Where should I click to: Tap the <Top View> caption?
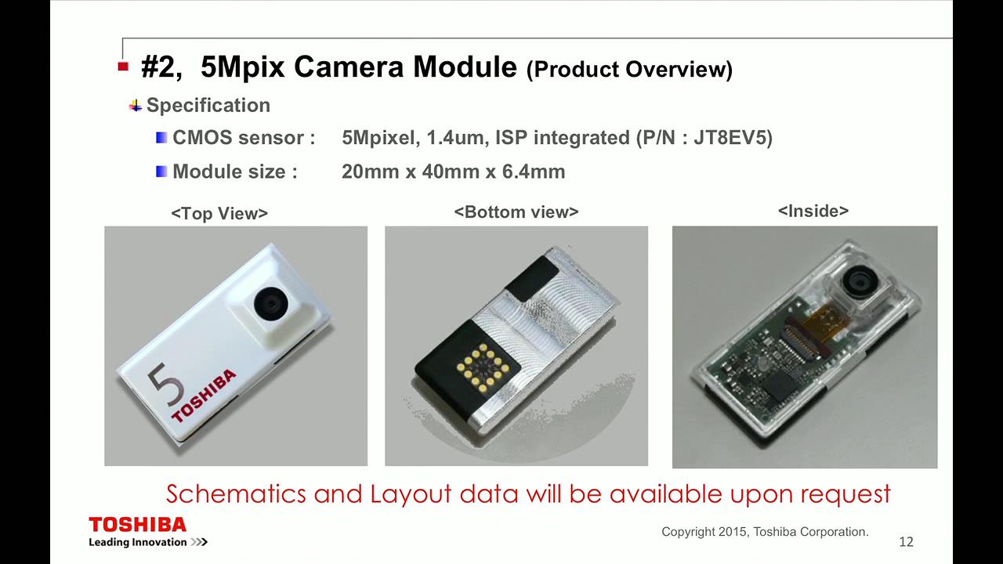tap(219, 214)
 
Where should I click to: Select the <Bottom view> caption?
tap(516, 212)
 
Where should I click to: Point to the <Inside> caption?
tap(813, 211)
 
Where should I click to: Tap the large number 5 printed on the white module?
tap(165, 384)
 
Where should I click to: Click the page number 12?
tap(907, 542)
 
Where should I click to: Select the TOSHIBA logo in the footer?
tap(137, 525)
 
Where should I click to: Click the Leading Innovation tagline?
tap(137, 542)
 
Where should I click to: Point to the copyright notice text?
tap(765, 532)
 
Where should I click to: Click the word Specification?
tap(208, 106)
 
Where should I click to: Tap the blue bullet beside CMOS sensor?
tap(161, 137)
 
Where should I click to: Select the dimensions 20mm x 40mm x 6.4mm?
tap(453, 172)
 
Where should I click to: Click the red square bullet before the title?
tap(123, 67)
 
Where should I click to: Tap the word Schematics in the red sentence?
tap(236, 494)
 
